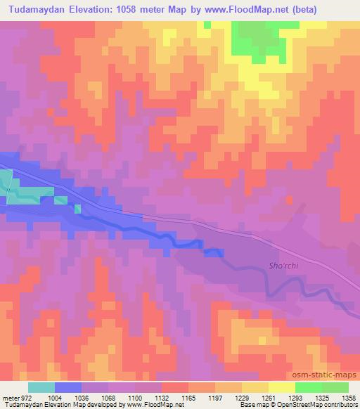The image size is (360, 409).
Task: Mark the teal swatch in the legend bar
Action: (41, 387)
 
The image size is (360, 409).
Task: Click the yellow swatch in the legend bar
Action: (282, 387)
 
